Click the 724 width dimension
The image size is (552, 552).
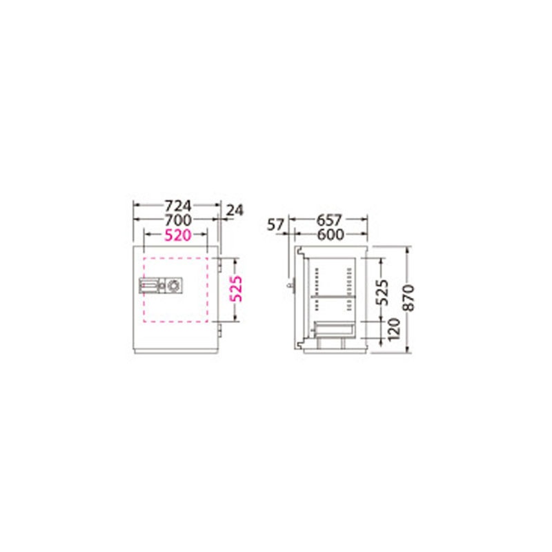[x=178, y=205]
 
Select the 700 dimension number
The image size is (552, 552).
[x=178, y=220]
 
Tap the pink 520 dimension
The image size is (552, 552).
[x=178, y=235]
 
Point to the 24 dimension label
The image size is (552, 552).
[x=235, y=210]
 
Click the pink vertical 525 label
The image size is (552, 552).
[x=235, y=288]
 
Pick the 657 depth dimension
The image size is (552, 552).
[x=329, y=220]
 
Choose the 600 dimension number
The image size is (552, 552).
[x=331, y=235]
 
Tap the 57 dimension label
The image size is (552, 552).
[x=275, y=225]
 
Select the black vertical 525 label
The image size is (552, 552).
[x=382, y=292]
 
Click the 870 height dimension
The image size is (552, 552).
[x=408, y=298]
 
